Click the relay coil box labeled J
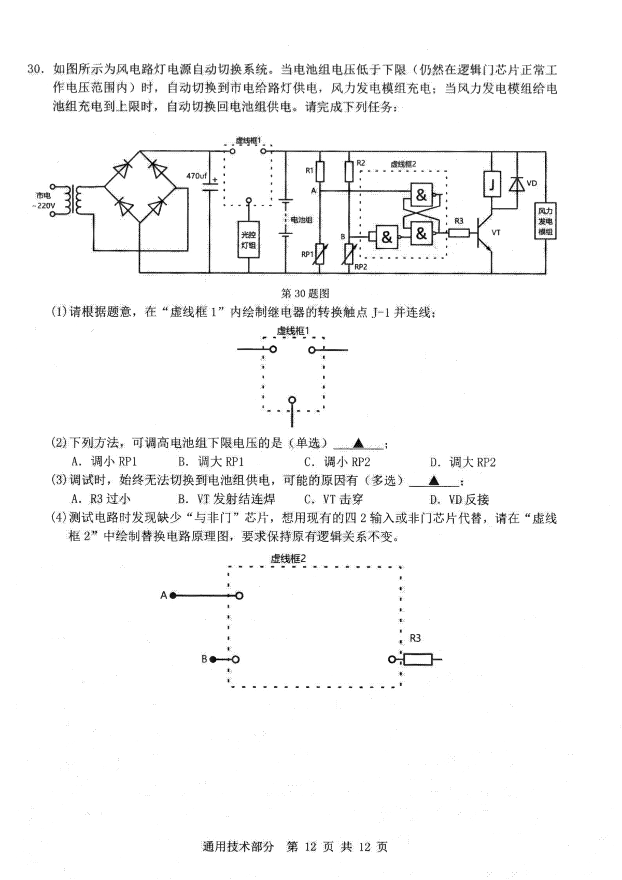point(491,184)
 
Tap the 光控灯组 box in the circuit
point(248,239)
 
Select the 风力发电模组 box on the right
point(545,221)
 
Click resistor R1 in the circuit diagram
point(320,172)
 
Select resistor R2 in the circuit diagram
point(349,172)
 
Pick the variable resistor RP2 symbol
point(349,254)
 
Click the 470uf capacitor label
point(196,176)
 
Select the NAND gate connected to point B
point(387,237)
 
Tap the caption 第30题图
point(305,293)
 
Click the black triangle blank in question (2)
point(358,444)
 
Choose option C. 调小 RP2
point(337,462)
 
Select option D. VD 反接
point(459,500)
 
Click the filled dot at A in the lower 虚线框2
point(173,595)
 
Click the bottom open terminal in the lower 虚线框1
point(292,400)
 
